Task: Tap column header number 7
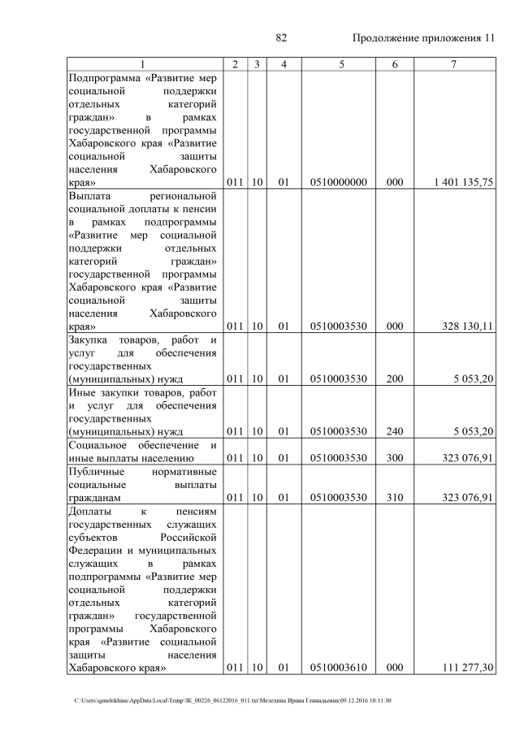click(x=453, y=63)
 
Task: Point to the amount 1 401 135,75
click(x=464, y=183)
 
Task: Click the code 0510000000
click(x=338, y=183)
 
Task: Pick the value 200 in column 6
click(x=395, y=378)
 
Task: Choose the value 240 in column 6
click(x=395, y=430)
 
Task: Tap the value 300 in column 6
click(x=395, y=458)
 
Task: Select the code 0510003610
click(x=338, y=668)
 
